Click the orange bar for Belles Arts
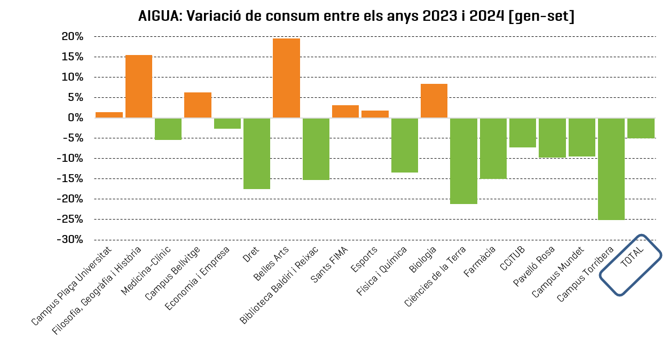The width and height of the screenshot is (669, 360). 286,78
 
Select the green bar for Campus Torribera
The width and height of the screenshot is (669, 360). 611,169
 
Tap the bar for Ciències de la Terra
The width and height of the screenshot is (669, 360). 463,161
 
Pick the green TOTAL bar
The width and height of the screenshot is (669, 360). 640,128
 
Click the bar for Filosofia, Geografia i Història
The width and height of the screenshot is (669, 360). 139,87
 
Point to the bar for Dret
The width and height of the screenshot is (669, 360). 257,153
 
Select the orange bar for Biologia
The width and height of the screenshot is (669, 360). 434,101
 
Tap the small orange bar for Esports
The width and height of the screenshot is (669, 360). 375,114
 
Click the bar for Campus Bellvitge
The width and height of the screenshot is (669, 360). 198,105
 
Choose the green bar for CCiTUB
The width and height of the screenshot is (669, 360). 522,132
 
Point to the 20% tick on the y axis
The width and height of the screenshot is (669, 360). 73,37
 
